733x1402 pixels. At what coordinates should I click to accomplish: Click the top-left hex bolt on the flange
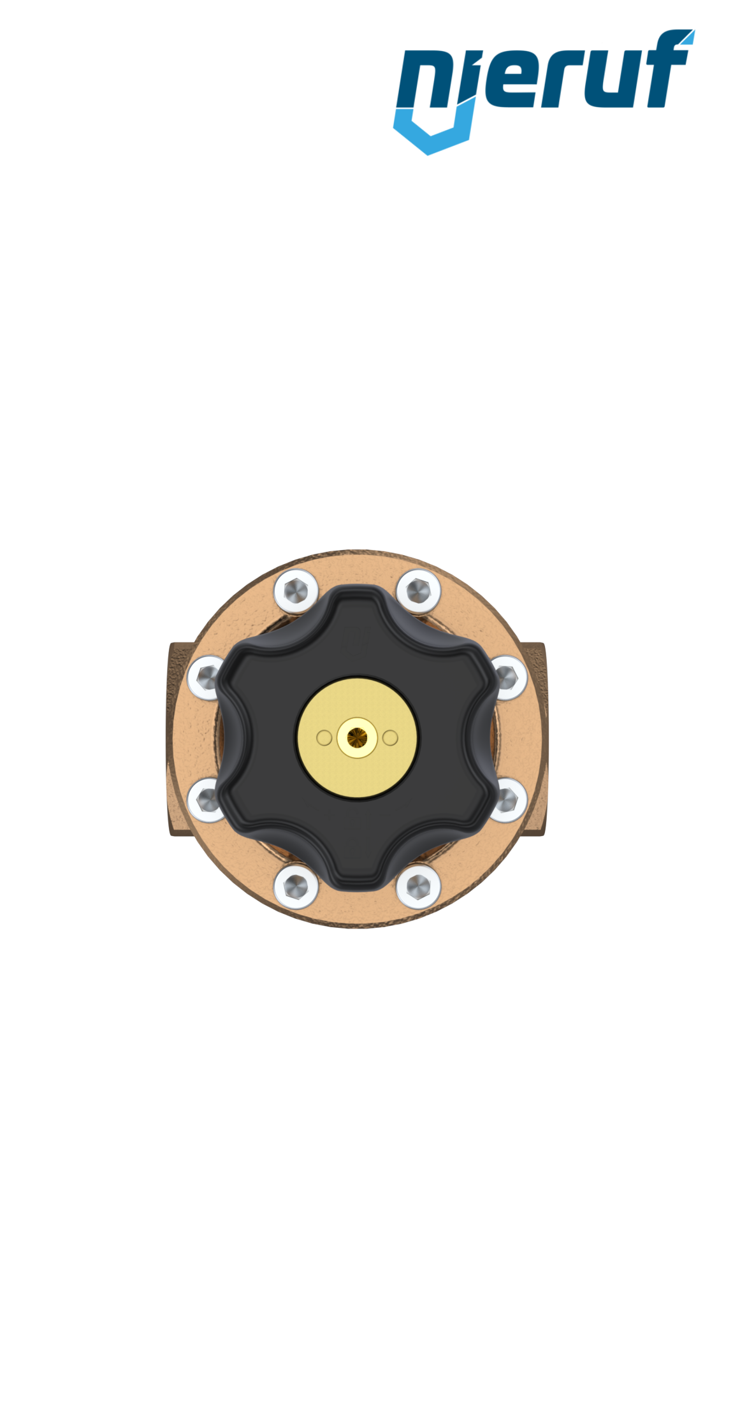tap(296, 591)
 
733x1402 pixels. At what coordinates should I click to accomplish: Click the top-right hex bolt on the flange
tap(418, 591)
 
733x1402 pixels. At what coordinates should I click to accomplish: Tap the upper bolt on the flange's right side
tap(508, 677)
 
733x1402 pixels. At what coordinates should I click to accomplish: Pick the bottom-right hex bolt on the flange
tap(418, 886)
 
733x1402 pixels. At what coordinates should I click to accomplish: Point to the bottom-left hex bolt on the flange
tap(296, 886)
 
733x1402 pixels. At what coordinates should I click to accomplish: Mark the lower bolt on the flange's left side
tap(206, 800)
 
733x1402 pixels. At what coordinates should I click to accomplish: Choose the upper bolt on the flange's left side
tap(206, 677)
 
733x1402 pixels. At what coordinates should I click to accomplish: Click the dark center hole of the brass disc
tap(357, 738)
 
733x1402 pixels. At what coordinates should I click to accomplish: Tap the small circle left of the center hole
tap(324, 738)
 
